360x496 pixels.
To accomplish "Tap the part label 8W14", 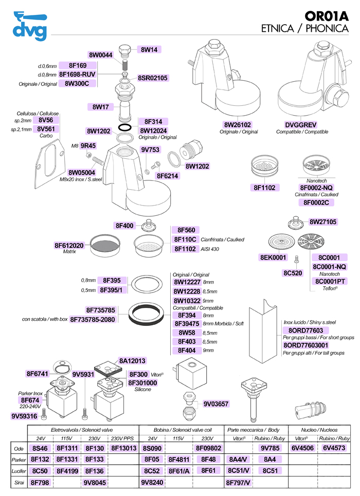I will pyautogui.click(x=150, y=50).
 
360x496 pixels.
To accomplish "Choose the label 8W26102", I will pyautogui.click(x=237, y=125).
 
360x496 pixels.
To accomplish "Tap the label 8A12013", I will pyautogui.click(x=133, y=360).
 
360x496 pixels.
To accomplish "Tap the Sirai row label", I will pyautogui.click(x=18, y=483).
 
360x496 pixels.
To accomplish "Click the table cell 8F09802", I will pyautogui.click(x=208, y=448).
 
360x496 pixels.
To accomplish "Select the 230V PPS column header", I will pyautogui.click(x=121, y=438).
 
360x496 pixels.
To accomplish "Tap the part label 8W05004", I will pyautogui.click(x=82, y=173).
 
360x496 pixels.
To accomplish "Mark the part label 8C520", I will pyautogui.click(x=292, y=273).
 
